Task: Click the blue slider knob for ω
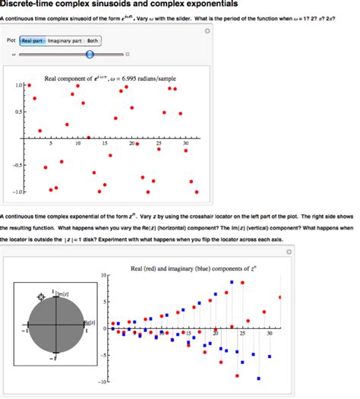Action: [x=90, y=54]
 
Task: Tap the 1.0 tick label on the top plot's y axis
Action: [x=19, y=86]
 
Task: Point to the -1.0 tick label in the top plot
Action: [x=18, y=191]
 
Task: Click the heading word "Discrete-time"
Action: [x=31, y=5]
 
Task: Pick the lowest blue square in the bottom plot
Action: [x=259, y=378]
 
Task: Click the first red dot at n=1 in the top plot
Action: [x=30, y=85]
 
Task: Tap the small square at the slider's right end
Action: [x=127, y=55]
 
